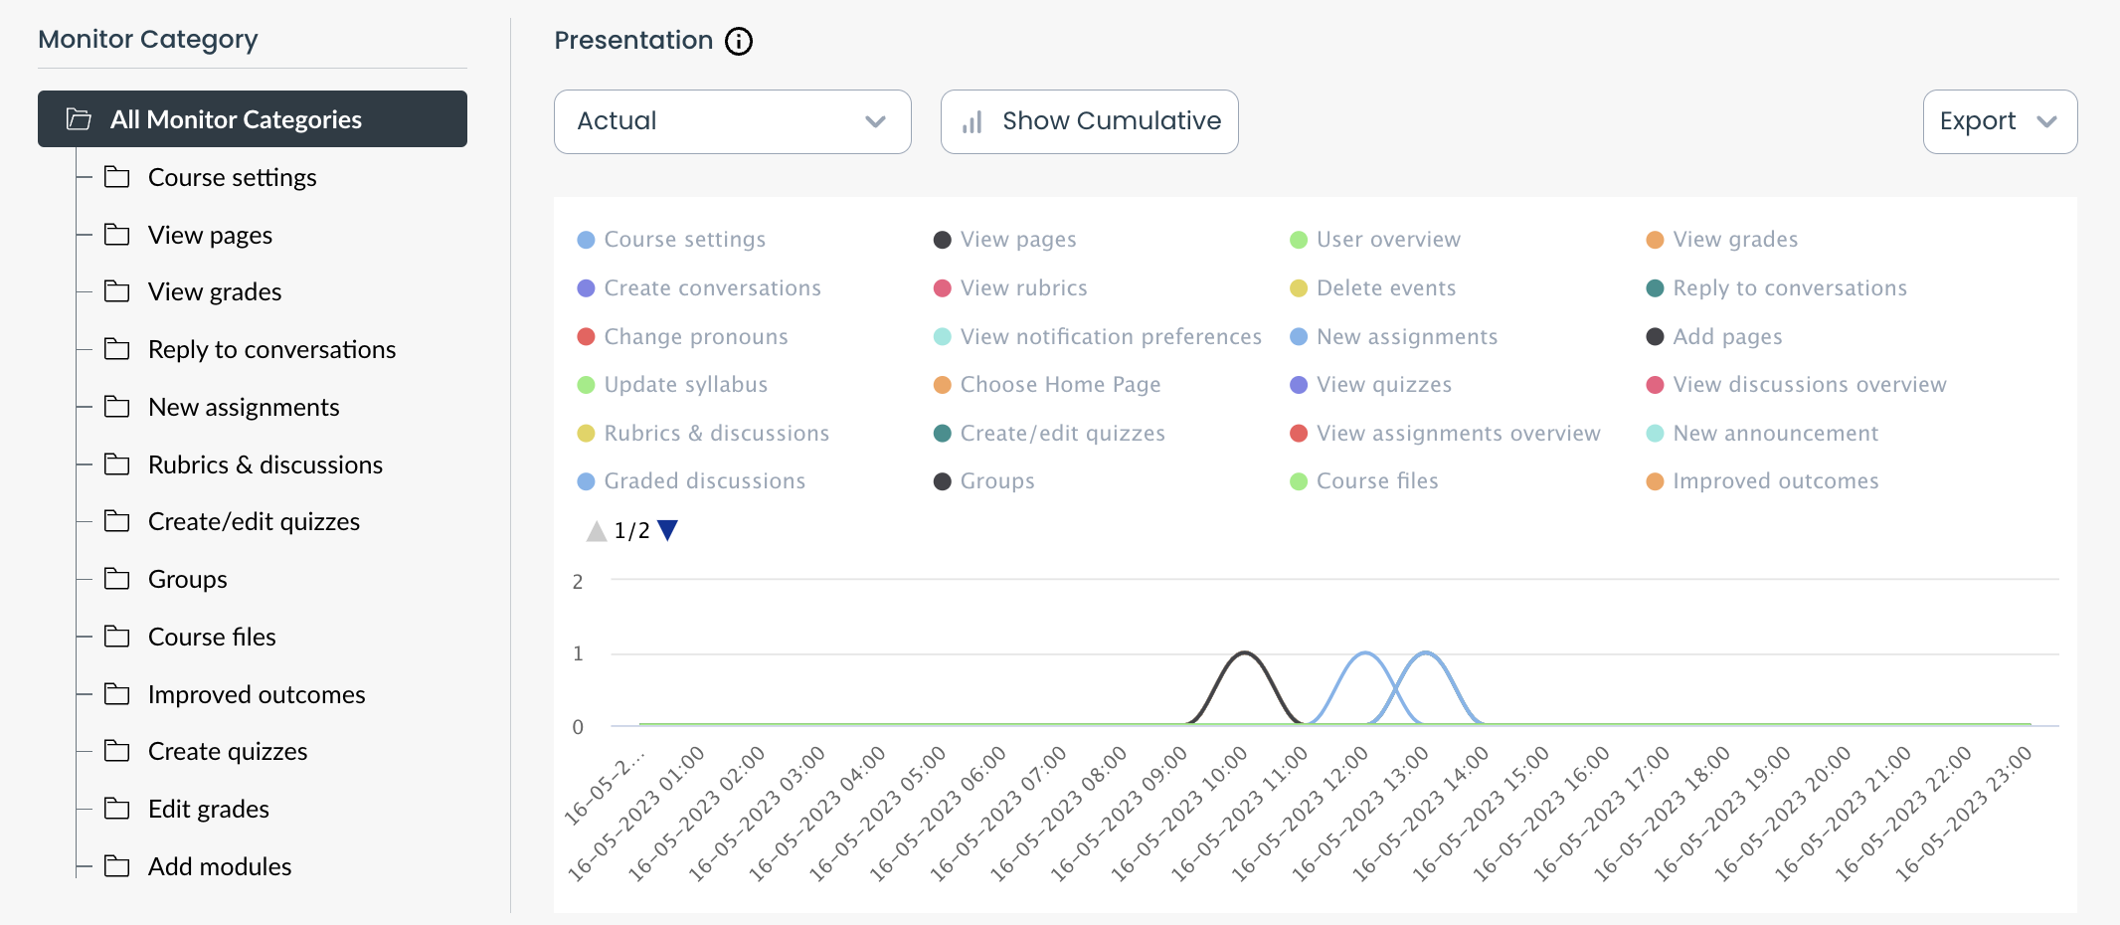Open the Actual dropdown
pos(732,121)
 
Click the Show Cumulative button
pos(1089,121)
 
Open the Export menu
pos(1999,121)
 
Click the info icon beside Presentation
pos(739,41)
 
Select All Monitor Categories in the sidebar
pos(253,119)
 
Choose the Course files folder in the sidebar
pos(212,637)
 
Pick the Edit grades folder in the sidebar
pos(209,809)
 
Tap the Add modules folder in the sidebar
pos(220,866)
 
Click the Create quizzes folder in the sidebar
pos(228,752)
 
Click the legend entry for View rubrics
pos(1023,288)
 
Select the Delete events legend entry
pos(1385,288)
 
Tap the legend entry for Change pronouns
pos(695,337)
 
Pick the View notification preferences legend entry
pos(1110,337)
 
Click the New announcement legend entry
pos(1775,434)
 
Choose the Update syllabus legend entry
pos(685,385)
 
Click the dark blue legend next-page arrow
pos(668,530)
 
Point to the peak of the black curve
pos(1244,652)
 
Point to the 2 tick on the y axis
pos(578,582)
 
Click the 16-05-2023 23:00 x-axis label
pos(1964,814)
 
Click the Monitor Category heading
pos(148,40)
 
